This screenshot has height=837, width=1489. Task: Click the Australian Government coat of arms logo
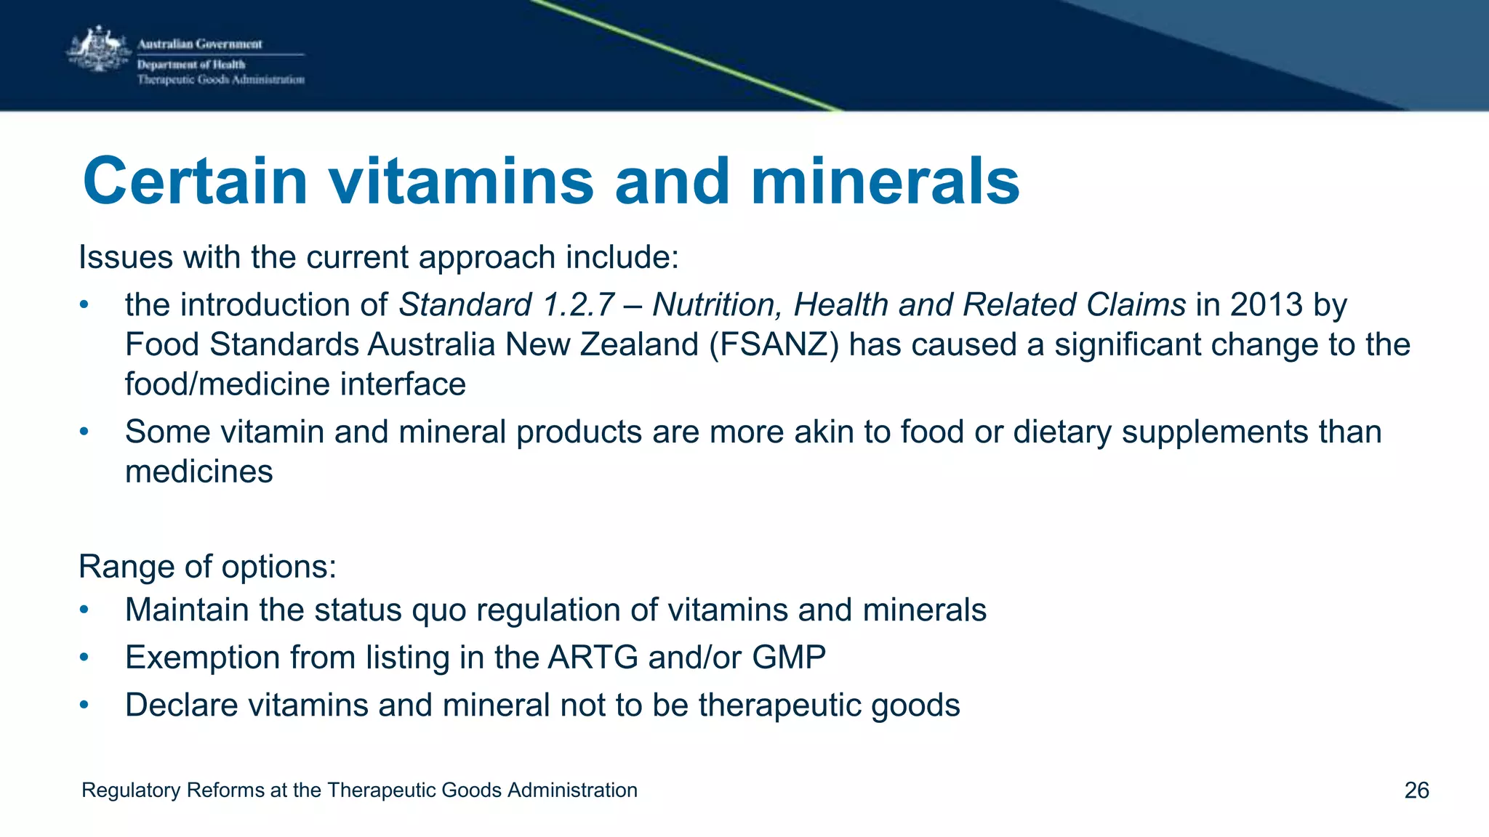pos(97,49)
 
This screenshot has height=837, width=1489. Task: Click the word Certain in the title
pos(195,182)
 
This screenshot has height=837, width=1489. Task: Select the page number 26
pos(1416,790)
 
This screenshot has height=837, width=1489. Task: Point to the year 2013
pos(1266,304)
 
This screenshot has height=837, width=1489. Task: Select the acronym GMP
pos(789,657)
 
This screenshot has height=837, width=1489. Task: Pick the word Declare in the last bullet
pos(182,705)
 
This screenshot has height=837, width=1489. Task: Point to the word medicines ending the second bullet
pos(199,472)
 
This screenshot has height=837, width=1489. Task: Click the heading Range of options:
pos(207,566)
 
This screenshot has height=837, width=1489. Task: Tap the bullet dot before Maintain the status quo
pos(84,610)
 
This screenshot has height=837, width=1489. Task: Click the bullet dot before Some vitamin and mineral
pos(84,432)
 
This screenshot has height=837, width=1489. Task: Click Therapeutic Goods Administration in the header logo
pos(220,80)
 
